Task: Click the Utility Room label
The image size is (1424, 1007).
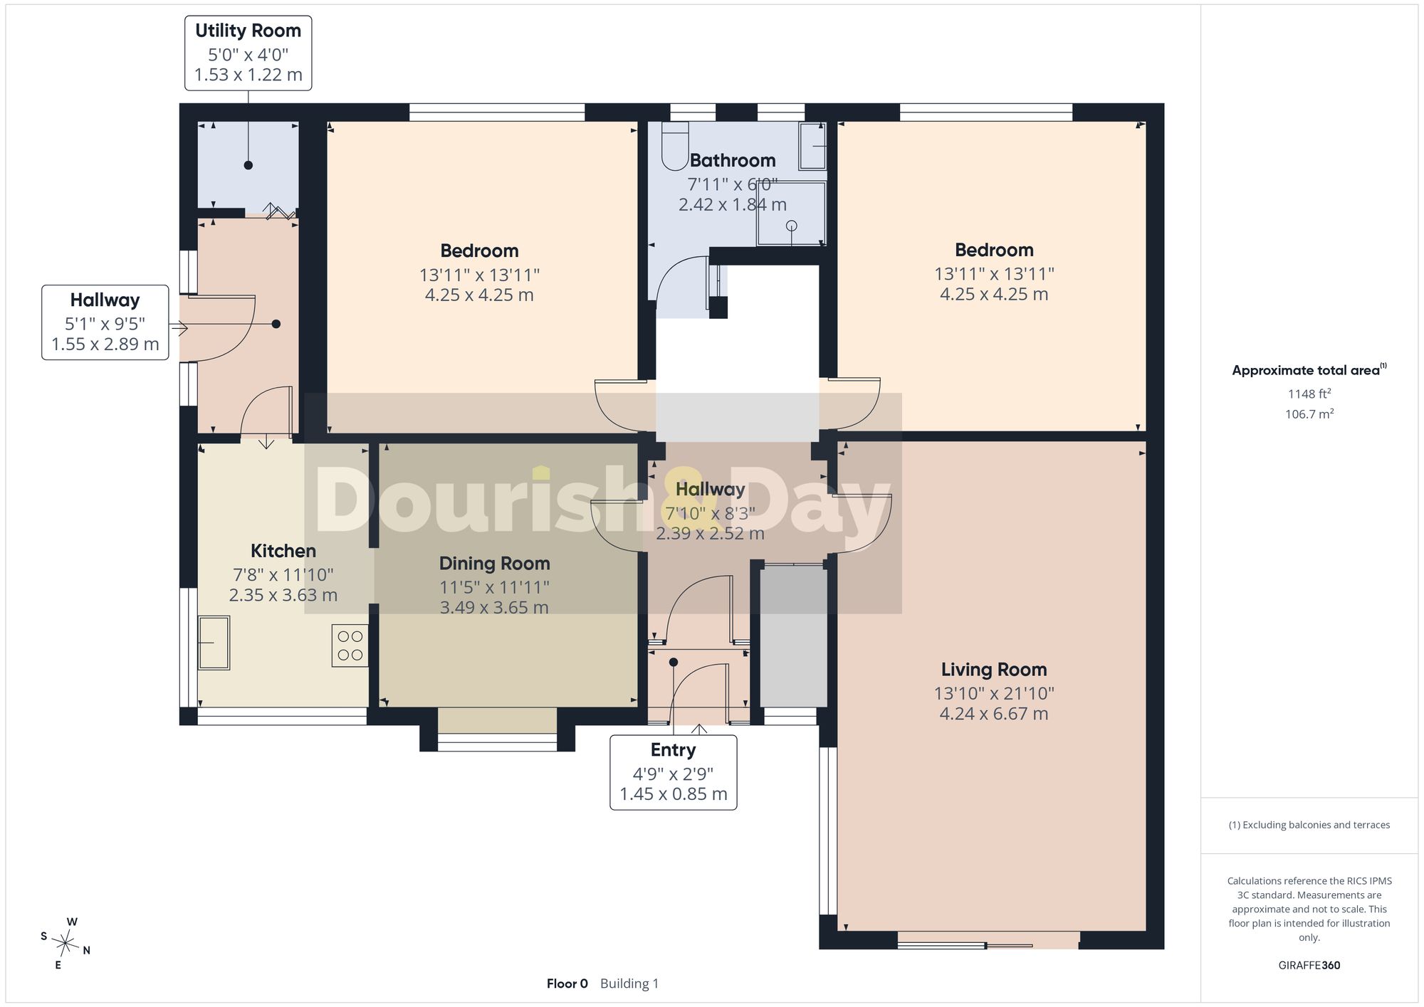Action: pos(248,31)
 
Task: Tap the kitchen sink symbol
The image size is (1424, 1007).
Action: pos(214,643)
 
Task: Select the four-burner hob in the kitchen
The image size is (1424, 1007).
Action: pos(350,645)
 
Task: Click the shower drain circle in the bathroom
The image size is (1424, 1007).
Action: pos(791,226)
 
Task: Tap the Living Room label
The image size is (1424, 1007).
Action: pos(994,670)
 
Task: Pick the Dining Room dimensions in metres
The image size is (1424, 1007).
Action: pos(494,608)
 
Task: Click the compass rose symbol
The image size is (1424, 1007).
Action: pos(66,944)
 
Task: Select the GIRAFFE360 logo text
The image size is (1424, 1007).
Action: pos(1309,966)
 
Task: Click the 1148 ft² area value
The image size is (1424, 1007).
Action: pos(1309,394)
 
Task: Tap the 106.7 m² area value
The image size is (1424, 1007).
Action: pos(1309,413)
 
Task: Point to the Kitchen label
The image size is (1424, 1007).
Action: pos(283,551)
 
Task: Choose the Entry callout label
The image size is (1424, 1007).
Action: pos(673,750)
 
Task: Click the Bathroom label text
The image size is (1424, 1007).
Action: pos(732,160)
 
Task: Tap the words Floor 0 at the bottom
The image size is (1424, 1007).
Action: pos(567,984)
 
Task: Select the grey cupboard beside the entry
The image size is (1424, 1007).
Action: pos(793,636)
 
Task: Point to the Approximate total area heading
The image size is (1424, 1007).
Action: pos(1309,370)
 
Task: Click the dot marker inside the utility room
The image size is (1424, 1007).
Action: pos(248,165)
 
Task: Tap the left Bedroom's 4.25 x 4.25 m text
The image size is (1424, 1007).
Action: pos(479,295)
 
